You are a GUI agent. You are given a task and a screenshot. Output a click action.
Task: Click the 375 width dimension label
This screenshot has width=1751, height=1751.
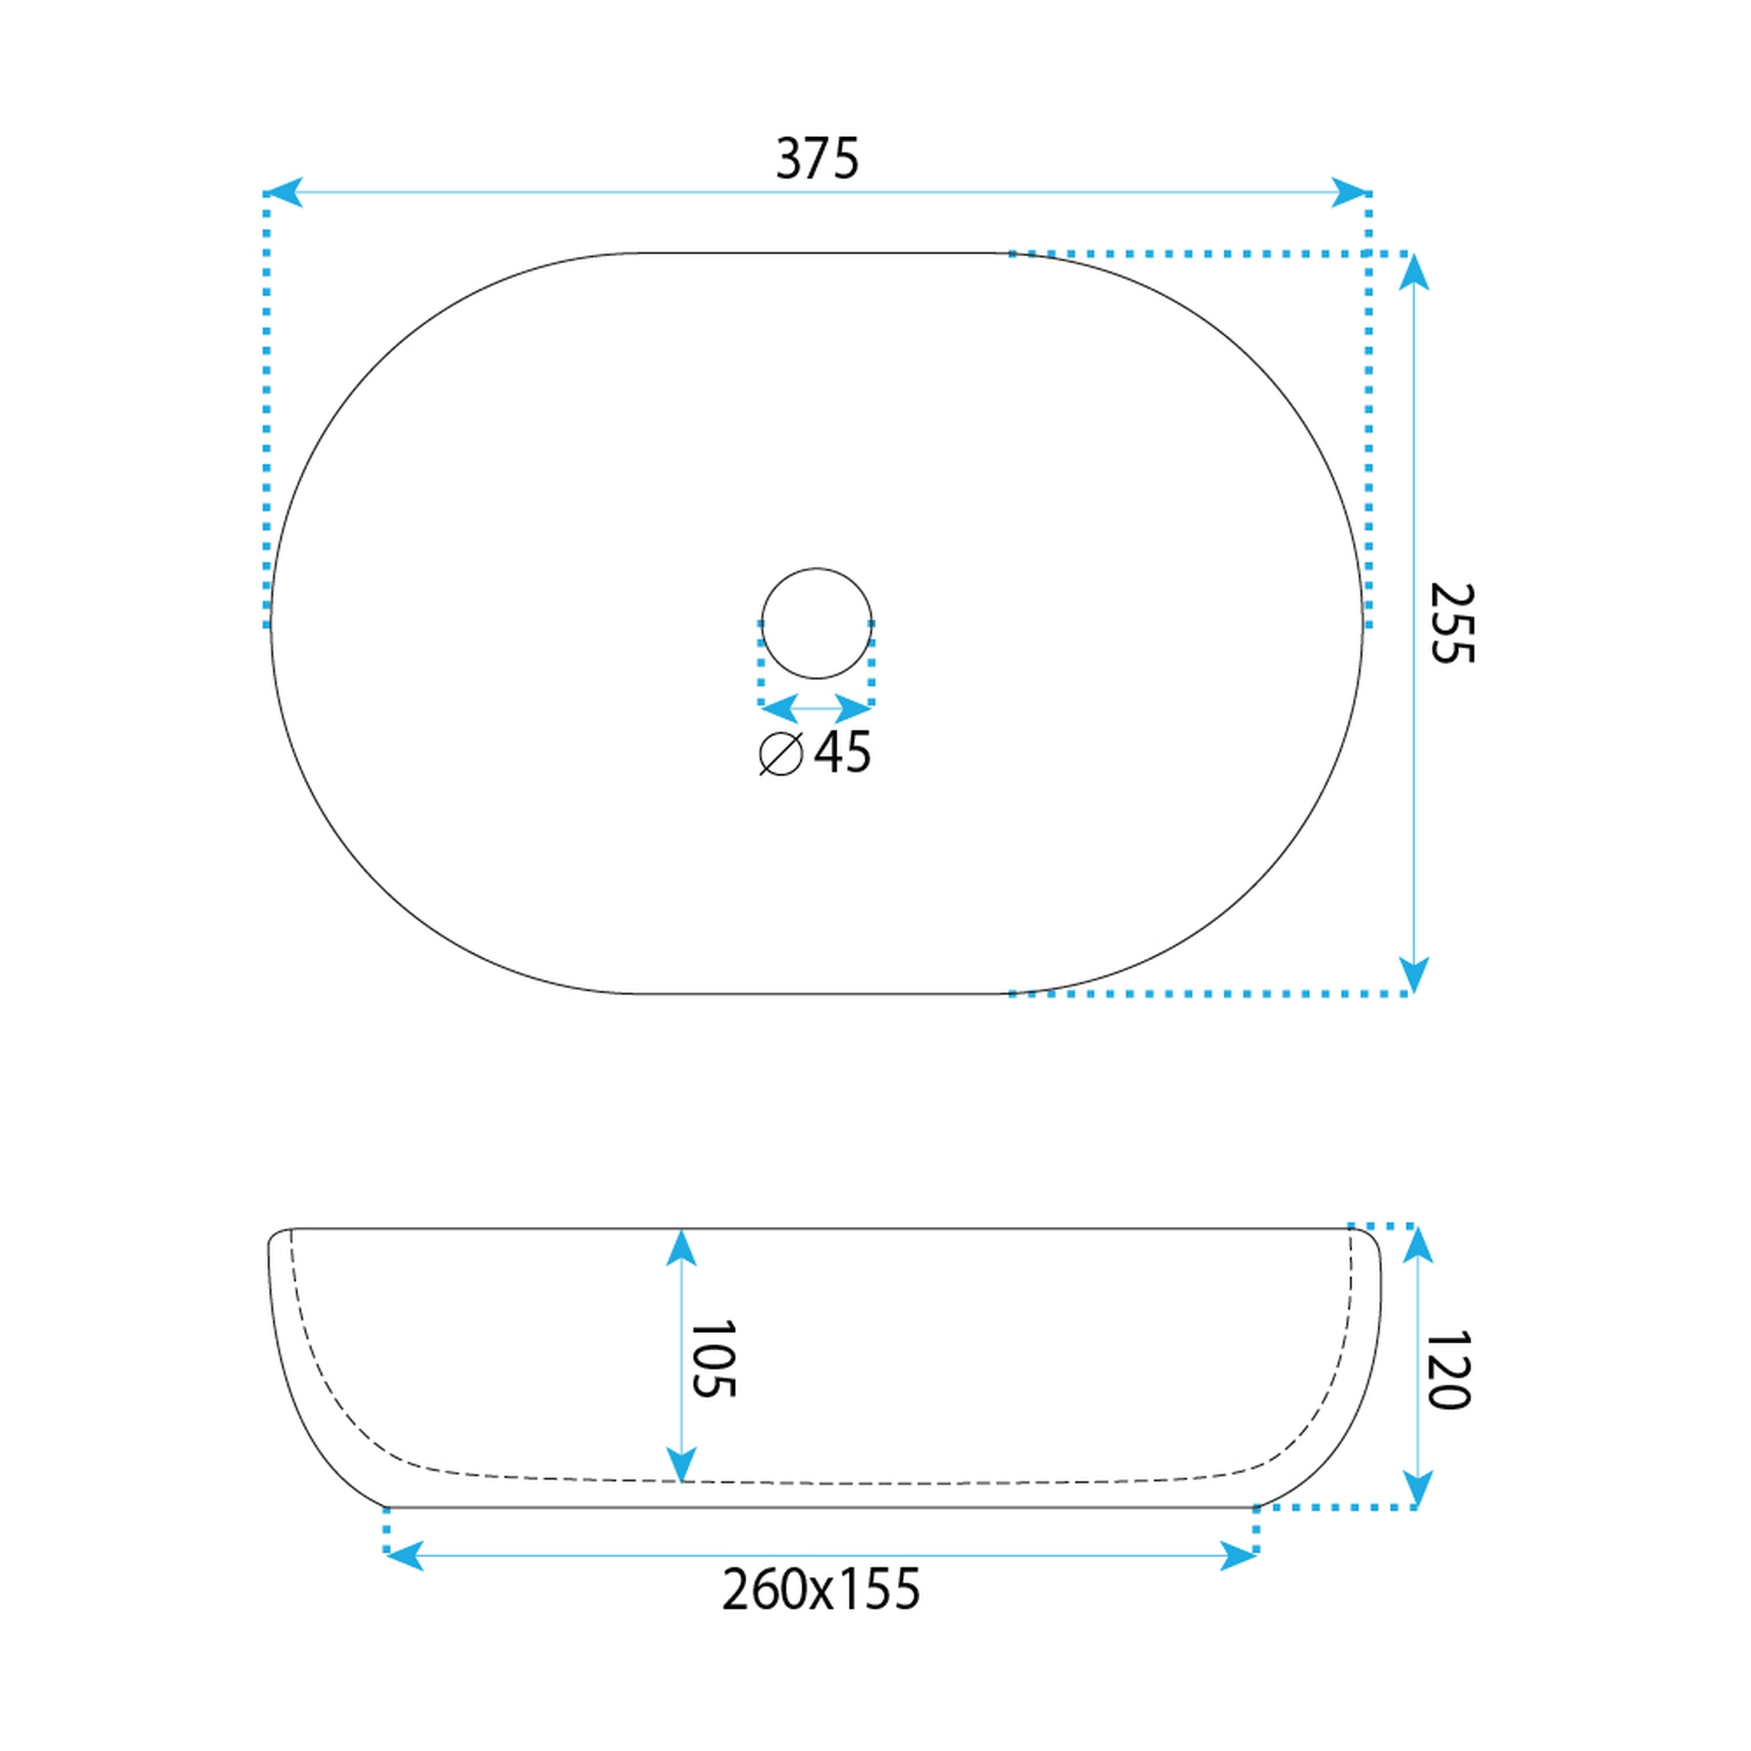pyautogui.click(x=817, y=159)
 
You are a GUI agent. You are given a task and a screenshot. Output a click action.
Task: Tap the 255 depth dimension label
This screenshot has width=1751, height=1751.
pyautogui.click(x=1452, y=623)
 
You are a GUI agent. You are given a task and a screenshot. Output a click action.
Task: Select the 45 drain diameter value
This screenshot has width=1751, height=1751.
pyautogui.click(x=842, y=751)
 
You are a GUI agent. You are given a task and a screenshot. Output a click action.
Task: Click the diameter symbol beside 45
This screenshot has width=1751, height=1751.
pyautogui.click(x=782, y=753)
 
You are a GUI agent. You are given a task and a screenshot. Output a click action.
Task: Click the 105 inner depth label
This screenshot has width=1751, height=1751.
pyautogui.click(x=713, y=1359)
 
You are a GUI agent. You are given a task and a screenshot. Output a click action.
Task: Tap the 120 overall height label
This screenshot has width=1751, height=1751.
pyautogui.click(x=1448, y=1370)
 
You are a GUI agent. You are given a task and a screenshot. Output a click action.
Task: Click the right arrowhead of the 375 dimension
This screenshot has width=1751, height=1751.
pyautogui.click(x=1349, y=192)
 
